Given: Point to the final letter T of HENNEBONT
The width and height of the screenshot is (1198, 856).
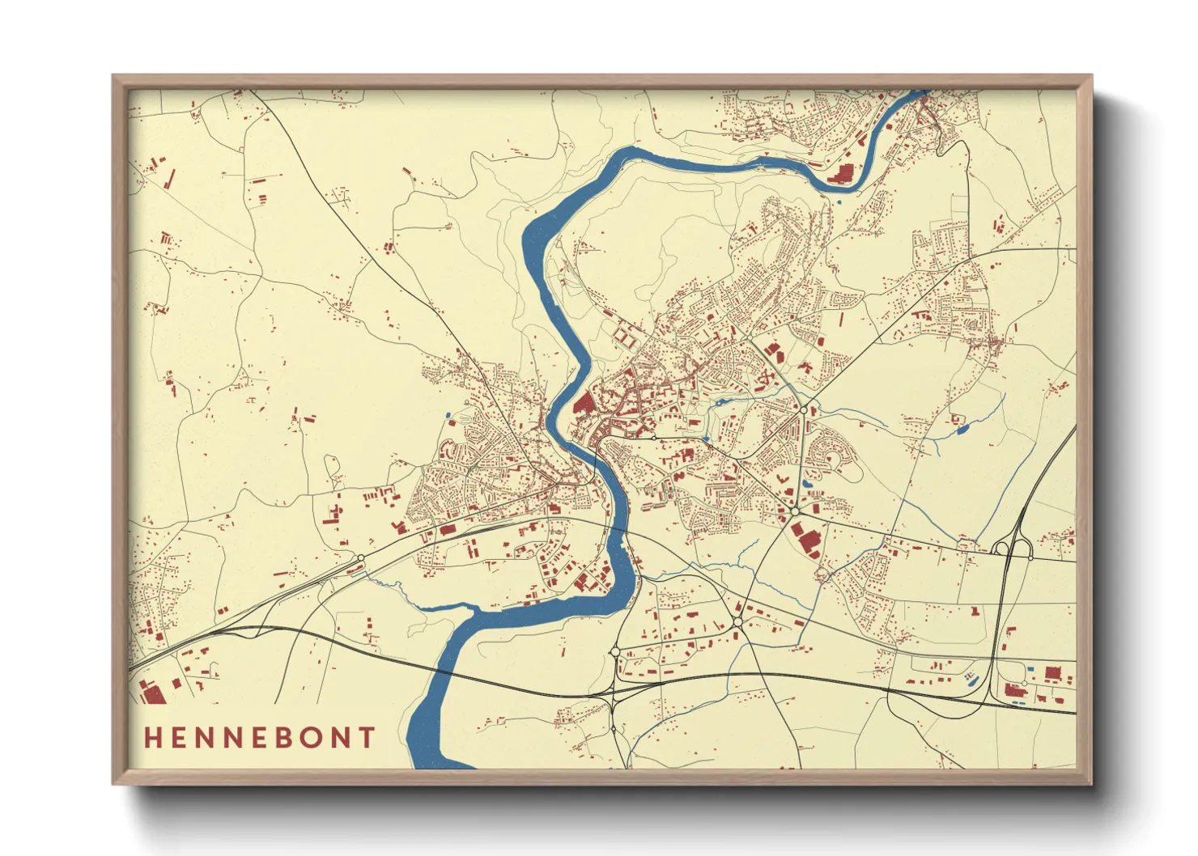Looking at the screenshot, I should tap(368, 738).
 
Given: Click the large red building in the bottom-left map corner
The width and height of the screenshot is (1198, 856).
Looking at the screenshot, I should tap(152, 693).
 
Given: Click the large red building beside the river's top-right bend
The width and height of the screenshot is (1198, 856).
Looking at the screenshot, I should tap(843, 173).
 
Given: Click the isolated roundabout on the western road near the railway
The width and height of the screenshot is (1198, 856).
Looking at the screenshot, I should tap(360, 557).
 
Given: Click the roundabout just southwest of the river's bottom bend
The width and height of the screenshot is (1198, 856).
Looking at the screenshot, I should tap(614, 651).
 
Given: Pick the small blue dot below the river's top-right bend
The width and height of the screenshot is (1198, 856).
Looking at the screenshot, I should tap(839, 202).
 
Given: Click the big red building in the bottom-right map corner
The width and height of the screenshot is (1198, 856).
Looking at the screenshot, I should tap(1052, 672).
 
